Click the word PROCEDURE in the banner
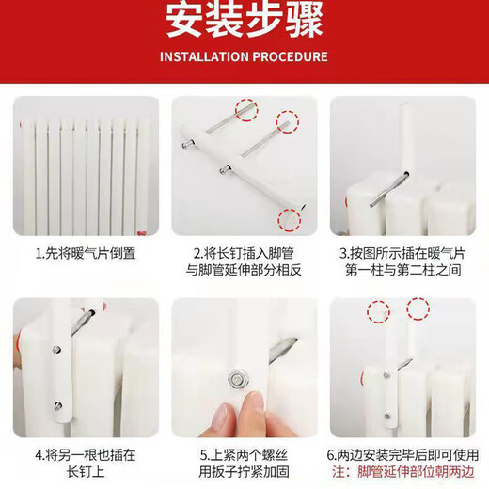click(291, 56)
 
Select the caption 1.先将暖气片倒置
click(86, 253)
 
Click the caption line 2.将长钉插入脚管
click(244, 253)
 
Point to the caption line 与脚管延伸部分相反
click(244, 270)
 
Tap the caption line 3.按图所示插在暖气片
click(402, 253)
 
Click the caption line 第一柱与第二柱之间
click(402, 270)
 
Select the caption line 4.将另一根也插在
click(86, 455)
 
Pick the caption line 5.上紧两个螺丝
click(244, 455)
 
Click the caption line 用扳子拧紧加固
click(244, 472)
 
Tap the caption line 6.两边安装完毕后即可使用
click(402, 455)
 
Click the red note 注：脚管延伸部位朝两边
click(403, 472)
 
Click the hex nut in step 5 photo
click(238, 380)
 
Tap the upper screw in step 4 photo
click(56, 350)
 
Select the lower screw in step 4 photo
click(57, 405)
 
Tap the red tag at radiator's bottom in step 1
click(142, 233)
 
